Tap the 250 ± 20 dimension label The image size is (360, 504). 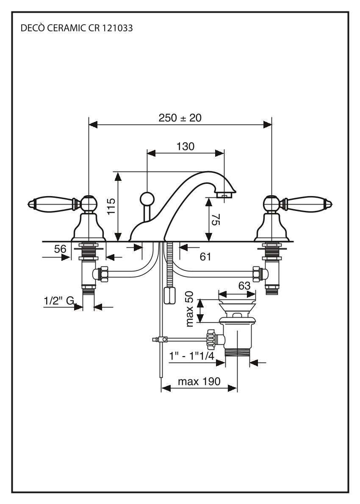click(x=180, y=118)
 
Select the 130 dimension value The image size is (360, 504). click(x=185, y=147)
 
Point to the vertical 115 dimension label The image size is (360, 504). click(x=111, y=208)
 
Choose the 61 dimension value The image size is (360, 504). click(x=205, y=256)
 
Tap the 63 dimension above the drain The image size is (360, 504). click(x=244, y=286)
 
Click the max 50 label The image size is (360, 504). click(x=190, y=308)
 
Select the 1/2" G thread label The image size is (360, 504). click(x=59, y=301)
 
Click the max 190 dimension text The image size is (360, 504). click(x=199, y=381)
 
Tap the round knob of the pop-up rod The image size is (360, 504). click(x=146, y=198)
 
